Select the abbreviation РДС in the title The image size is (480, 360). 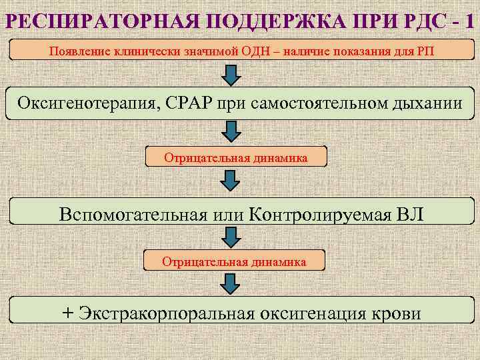(404, 20)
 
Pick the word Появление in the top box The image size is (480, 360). (79, 51)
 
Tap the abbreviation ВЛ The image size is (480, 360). (408, 215)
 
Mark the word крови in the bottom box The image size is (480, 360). (399, 313)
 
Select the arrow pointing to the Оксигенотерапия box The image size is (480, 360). (231, 75)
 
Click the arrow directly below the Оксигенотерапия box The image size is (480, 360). (231, 132)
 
